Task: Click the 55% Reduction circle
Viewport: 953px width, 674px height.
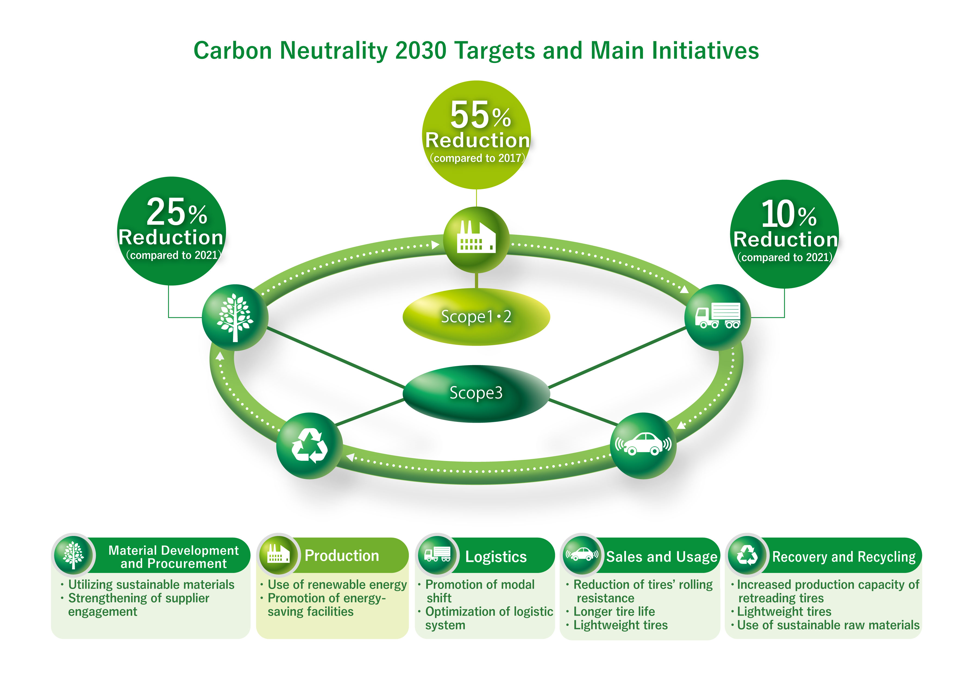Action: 476,135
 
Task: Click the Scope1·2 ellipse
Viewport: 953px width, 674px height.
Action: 476,317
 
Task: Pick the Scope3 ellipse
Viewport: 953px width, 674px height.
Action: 476,393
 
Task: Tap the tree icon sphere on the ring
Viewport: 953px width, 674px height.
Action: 235,318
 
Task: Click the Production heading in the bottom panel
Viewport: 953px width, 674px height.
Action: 341,556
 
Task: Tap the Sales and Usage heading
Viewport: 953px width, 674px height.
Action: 662,557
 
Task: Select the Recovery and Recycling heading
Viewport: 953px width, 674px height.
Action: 844,557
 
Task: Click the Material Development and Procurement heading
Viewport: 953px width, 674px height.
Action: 174,557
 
